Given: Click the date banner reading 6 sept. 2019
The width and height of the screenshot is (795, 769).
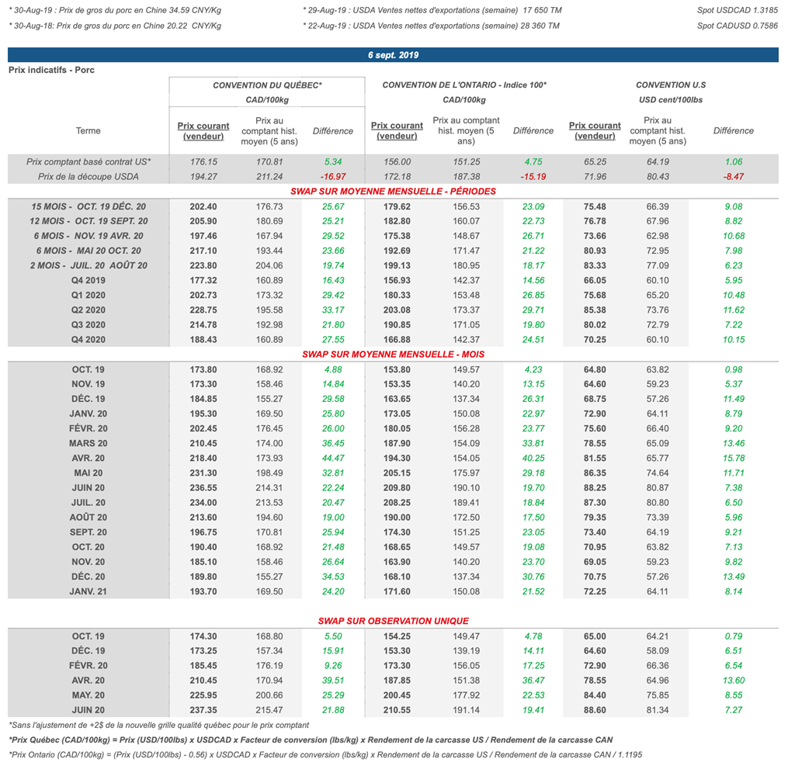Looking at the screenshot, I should (x=393, y=55).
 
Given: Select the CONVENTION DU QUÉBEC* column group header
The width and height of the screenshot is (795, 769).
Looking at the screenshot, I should (x=267, y=85).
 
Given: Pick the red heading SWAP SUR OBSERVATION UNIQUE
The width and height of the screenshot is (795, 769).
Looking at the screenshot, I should (x=393, y=621).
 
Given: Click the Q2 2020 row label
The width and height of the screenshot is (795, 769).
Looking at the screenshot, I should (x=89, y=310).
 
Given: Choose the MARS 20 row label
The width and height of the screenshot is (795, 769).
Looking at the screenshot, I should (x=89, y=443).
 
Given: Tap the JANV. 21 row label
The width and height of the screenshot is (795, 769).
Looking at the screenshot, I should (x=89, y=591).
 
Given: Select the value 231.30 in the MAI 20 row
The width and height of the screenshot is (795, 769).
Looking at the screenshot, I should (x=203, y=473).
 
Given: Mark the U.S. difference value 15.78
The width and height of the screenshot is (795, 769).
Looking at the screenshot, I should (x=733, y=458).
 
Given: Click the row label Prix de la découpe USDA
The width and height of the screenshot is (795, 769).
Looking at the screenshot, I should (x=89, y=177).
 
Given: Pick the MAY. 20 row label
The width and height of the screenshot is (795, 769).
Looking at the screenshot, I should (x=89, y=695).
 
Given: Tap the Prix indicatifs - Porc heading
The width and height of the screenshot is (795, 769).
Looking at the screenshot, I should (x=51, y=70).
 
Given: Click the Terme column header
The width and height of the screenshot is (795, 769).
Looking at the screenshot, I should (x=89, y=131).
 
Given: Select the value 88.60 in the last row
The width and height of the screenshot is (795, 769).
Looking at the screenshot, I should (x=595, y=710).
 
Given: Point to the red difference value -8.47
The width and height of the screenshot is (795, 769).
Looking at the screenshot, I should (x=733, y=177).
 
